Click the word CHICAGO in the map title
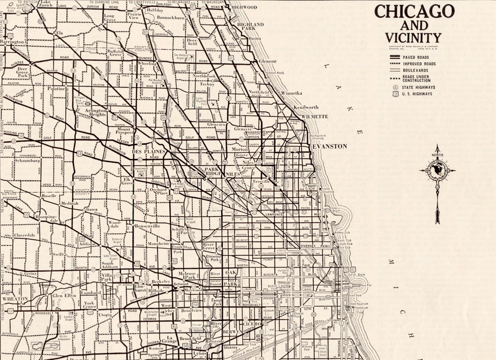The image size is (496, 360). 414,11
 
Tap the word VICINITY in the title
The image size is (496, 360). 413,38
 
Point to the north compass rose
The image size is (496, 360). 437,170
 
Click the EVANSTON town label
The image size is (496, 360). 330,146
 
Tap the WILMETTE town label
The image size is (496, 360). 315,117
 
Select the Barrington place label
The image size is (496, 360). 12,42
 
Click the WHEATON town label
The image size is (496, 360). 15,299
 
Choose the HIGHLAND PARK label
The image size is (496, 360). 250,26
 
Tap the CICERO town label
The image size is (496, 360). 252,324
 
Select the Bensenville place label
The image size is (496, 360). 147,226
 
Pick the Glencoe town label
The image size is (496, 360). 267,61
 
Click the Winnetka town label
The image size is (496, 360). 292,93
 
